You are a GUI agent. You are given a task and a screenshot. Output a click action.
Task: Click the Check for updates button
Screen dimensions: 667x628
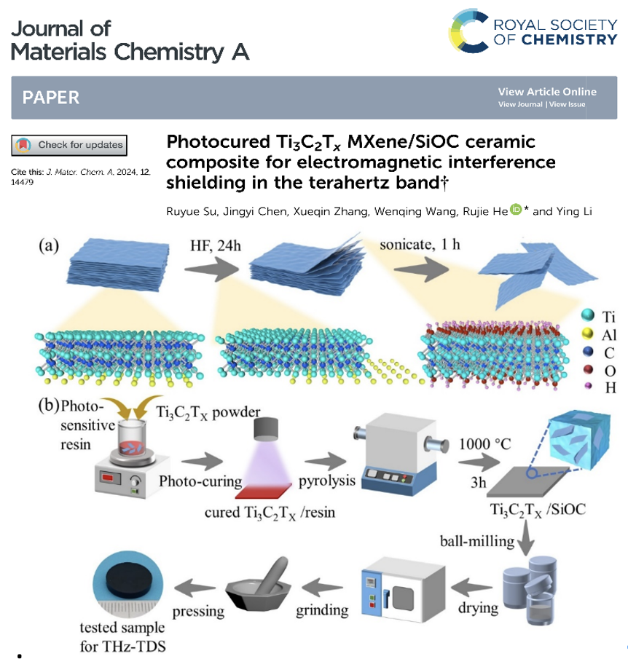pyautogui.click(x=68, y=145)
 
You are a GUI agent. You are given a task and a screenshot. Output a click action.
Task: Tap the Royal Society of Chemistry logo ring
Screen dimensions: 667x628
pyautogui.click(x=469, y=32)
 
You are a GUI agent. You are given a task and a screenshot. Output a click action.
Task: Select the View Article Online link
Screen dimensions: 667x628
pyautogui.click(x=546, y=92)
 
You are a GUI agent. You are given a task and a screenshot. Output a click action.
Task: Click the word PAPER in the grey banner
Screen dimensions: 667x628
pyautogui.click(x=51, y=98)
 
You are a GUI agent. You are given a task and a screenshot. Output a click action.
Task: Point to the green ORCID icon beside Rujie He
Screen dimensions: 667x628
pyautogui.click(x=517, y=210)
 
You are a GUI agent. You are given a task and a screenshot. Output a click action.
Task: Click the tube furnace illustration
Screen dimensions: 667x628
pyautogui.click(x=396, y=451)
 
